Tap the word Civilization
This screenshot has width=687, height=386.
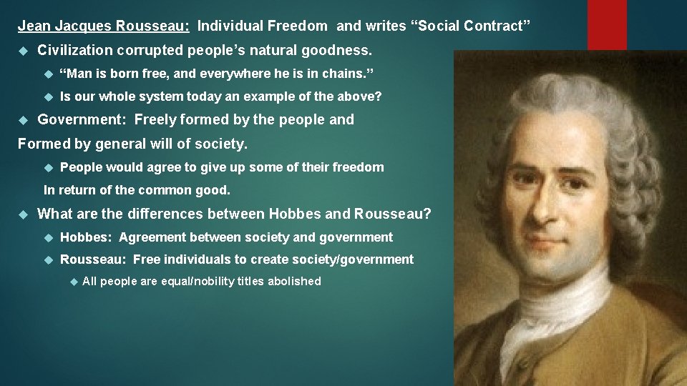click(75, 51)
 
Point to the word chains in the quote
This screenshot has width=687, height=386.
click(349, 74)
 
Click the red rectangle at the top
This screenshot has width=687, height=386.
click(607, 24)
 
